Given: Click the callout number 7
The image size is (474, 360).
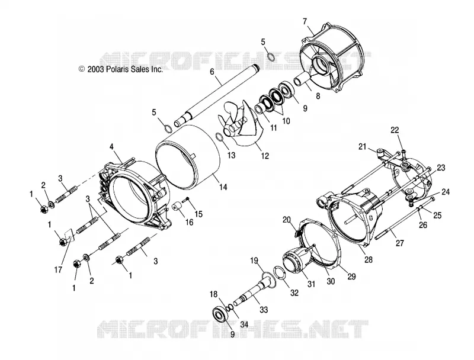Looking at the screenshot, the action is click(305, 21).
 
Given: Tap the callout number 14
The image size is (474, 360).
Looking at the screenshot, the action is click(223, 187).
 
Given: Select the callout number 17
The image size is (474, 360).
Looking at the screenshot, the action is click(58, 269).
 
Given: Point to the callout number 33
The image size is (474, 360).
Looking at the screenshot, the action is click(264, 310).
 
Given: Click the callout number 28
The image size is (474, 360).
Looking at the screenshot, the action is click(369, 259).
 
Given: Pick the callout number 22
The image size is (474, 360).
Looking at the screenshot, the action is click(395, 130).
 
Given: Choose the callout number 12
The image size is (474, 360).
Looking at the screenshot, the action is click(265, 156).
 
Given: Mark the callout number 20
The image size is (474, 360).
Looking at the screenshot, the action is click(287, 220).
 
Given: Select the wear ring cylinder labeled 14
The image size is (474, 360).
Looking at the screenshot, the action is click(187, 157).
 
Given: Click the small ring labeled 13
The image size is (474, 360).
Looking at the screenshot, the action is click(220, 137).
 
